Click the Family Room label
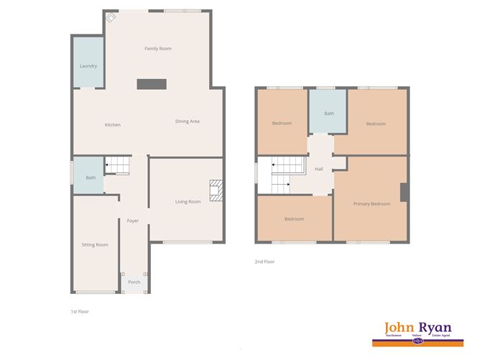pyautogui.click(x=158, y=49)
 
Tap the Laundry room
pyautogui.click(x=88, y=65)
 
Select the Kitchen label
pyautogui.click(x=113, y=125)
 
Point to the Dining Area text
pyautogui.click(x=188, y=121)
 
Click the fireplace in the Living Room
pyautogui.click(x=215, y=190)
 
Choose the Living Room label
pyautogui.click(x=188, y=202)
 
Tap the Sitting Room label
pyautogui.click(x=95, y=245)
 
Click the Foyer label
pyautogui.click(x=133, y=221)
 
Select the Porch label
pyautogui.click(x=134, y=282)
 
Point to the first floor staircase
pyautogui.click(x=118, y=166)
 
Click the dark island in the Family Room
pyautogui.click(x=152, y=84)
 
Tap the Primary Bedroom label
pyautogui.click(x=371, y=204)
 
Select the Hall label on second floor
pyautogui.click(x=319, y=170)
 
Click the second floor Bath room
pyautogui.click(x=329, y=114)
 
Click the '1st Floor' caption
pyautogui.click(x=80, y=312)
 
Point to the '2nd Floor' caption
pyautogui.click(x=265, y=262)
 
